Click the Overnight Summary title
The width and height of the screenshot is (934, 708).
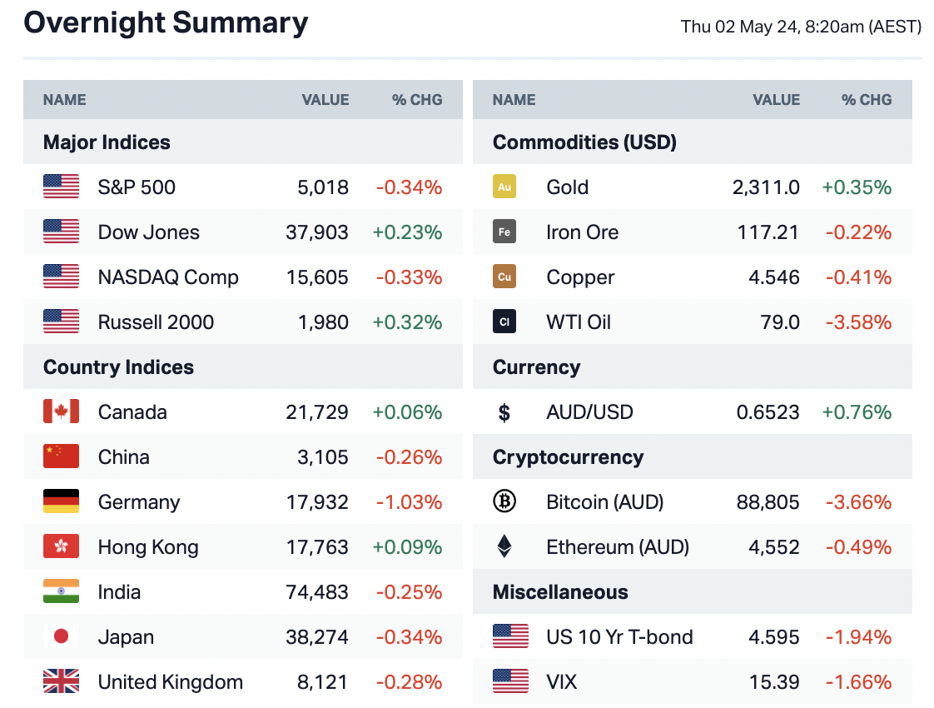[x=166, y=22]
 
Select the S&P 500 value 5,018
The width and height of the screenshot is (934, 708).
[x=323, y=187]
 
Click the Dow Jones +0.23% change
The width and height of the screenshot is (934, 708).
[x=407, y=232]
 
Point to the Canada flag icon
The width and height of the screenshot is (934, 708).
[x=61, y=412]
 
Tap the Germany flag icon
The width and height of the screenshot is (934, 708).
[x=61, y=502]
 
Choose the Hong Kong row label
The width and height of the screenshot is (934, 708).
[x=148, y=547]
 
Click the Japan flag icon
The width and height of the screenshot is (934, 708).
[x=61, y=637]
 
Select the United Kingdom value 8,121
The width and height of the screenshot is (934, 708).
[x=323, y=682]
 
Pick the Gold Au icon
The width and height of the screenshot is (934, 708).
[x=504, y=187]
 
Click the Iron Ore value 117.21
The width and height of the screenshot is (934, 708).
[x=768, y=232]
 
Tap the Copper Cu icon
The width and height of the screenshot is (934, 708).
[x=504, y=277]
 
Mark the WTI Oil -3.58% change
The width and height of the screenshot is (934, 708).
[x=858, y=322]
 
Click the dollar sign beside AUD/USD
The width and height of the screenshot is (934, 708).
[x=504, y=412]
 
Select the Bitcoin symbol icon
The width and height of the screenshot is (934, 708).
[x=504, y=502]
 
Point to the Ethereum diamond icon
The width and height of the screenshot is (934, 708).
[x=504, y=547]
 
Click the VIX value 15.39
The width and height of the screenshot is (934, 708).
[x=774, y=682]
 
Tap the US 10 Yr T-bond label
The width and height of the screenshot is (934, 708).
[x=619, y=637]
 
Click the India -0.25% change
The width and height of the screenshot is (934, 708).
[x=409, y=592]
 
